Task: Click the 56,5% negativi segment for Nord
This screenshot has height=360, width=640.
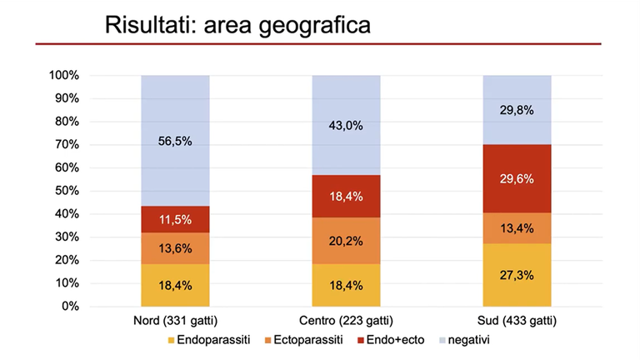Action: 175,141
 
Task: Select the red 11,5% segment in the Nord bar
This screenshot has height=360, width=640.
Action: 175,219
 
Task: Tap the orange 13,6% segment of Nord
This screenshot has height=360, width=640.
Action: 175,248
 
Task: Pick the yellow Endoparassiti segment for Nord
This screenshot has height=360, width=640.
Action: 175,285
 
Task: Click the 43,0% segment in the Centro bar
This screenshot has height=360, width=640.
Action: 346,125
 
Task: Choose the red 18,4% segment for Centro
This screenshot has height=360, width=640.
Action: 346,196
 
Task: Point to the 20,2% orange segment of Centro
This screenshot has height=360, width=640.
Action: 346,241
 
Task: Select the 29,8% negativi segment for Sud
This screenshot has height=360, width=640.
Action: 517,109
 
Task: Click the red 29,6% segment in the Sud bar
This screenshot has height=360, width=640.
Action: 517,178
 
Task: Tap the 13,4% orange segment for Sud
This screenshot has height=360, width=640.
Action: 517,228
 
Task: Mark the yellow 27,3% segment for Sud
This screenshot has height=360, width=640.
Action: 517,275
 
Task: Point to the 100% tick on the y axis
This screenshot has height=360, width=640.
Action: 63,75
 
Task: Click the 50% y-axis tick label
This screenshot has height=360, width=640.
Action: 66,191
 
